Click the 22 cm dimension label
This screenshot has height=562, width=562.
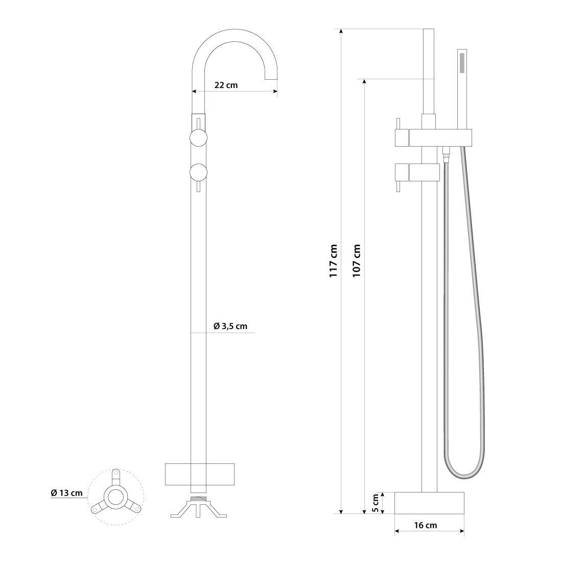(226, 85)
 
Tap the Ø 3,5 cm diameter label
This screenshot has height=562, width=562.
(230, 326)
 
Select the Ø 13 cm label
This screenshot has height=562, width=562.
(66, 493)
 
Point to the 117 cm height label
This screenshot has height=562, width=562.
(334, 261)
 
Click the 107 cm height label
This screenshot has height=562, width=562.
(357, 261)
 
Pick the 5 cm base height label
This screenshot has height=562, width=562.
(376, 503)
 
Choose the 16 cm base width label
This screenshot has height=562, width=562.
(426, 525)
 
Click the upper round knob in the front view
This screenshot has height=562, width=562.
(199, 138)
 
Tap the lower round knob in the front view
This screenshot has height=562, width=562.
(199, 172)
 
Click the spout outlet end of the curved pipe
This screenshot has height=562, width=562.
(271, 79)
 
